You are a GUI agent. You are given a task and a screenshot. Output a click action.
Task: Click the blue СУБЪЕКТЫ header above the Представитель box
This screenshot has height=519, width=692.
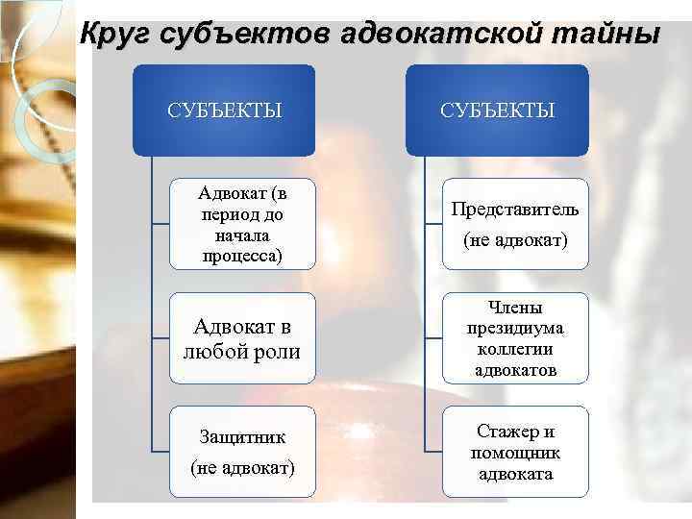(x=498, y=110)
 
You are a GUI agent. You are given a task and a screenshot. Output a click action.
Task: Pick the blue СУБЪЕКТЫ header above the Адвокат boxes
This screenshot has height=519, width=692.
(x=225, y=110)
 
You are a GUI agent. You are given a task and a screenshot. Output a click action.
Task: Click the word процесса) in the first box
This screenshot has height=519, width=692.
(x=243, y=256)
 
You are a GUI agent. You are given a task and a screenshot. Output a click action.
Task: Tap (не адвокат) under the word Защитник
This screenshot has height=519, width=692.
(x=242, y=467)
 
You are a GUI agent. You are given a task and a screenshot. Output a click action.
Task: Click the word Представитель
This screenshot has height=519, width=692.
(x=515, y=210)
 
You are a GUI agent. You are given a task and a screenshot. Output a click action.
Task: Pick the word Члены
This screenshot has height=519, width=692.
(x=515, y=308)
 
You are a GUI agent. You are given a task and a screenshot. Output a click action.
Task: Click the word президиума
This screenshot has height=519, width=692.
(x=515, y=328)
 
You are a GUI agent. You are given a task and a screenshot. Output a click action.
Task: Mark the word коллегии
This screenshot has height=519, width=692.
(x=515, y=349)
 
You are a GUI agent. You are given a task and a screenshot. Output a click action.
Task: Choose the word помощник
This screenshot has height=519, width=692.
(x=515, y=453)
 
